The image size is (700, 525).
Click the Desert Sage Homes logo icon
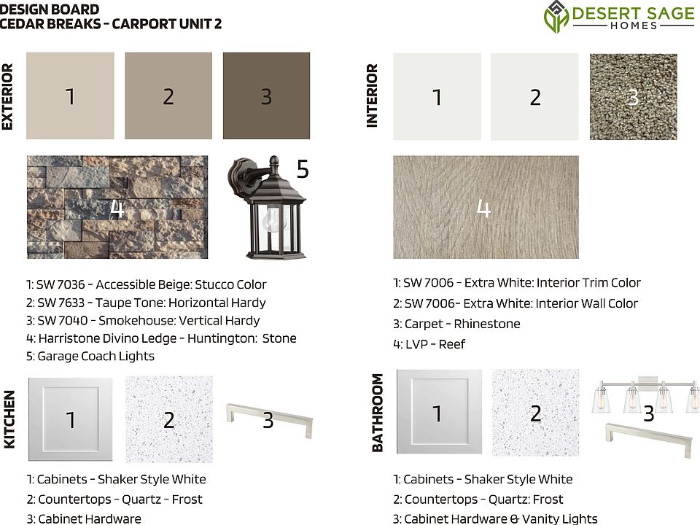[x=556, y=17]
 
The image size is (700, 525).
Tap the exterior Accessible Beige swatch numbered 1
[x=70, y=96]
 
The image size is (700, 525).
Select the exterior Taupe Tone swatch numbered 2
[x=168, y=96]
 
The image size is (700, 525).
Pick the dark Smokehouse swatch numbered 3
[x=267, y=96]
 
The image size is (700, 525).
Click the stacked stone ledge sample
[x=117, y=207]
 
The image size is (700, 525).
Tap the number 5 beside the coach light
[x=303, y=169]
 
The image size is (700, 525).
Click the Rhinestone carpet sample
[x=633, y=97]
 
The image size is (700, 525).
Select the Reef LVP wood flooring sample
[x=486, y=207]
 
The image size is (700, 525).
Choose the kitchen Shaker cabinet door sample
[x=71, y=419]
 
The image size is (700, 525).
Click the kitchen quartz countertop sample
[x=168, y=419]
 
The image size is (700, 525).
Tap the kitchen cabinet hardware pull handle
[x=270, y=419]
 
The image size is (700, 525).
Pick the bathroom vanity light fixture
[x=646, y=395]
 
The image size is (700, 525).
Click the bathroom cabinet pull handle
[x=649, y=440]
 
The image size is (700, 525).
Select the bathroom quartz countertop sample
[x=536, y=413]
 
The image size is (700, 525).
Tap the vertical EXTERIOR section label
[x=7, y=96]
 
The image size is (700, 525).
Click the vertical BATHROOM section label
[x=377, y=413]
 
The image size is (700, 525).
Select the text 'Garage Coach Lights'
[x=96, y=357]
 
